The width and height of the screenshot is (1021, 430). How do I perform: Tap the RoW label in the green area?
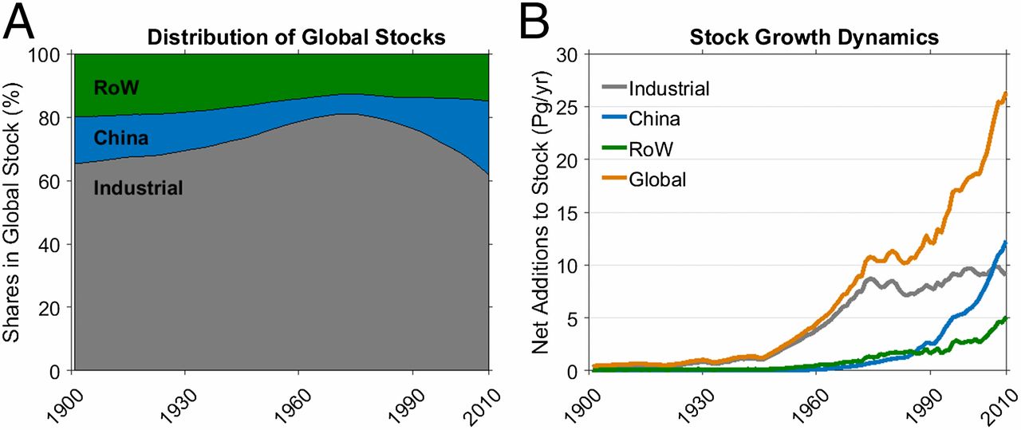point(116,87)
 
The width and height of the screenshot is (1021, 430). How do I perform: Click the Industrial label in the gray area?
point(138,188)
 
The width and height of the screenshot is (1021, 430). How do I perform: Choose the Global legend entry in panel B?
point(657,179)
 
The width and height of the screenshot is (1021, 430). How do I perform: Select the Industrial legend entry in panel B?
point(668,89)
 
